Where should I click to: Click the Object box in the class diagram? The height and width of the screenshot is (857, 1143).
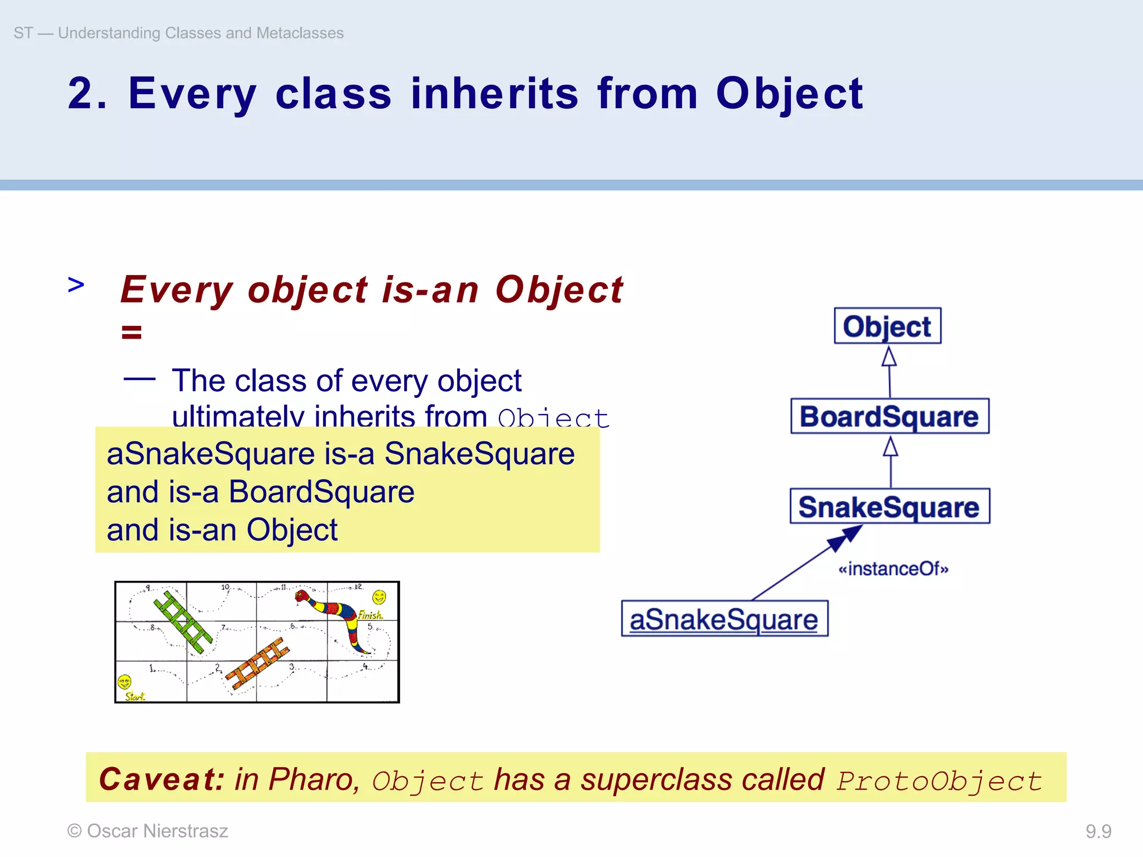click(x=887, y=326)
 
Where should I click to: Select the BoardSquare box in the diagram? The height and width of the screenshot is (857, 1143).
click(x=890, y=416)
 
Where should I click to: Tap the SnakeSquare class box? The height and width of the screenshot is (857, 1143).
click(x=890, y=507)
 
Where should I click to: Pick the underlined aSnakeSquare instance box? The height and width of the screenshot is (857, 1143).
click(x=724, y=619)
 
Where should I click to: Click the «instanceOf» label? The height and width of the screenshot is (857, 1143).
click(x=892, y=569)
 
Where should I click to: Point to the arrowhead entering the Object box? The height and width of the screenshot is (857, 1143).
click(x=889, y=356)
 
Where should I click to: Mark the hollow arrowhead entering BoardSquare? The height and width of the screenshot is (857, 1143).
click(x=891, y=446)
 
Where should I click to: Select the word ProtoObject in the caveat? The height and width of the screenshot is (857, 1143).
click(x=939, y=780)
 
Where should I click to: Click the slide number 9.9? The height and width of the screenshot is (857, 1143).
click(x=1098, y=831)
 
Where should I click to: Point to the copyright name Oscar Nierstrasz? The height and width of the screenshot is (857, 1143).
click(x=157, y=831)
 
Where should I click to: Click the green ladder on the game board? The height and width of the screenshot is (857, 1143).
click(x=183, y=622)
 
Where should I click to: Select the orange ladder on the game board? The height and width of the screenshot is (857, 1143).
click(x=256, y=663)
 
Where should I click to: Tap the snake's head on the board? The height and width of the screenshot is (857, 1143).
click(x=302, y=596)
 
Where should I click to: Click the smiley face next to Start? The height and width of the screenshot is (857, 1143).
click(x=124, y=681)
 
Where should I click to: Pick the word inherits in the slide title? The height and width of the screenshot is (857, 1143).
click(x=494, y=93)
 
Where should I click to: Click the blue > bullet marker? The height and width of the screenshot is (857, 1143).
click(x=76, y=285)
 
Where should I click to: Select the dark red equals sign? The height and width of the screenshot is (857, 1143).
click(x=132, y=332)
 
